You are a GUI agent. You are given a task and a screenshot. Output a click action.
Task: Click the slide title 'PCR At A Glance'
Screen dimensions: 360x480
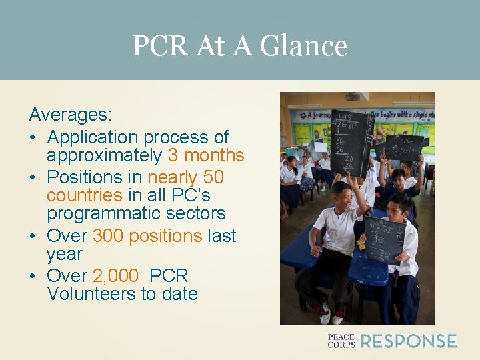[239, 46]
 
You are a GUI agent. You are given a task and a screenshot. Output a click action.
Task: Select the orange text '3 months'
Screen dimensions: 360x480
[206, 156]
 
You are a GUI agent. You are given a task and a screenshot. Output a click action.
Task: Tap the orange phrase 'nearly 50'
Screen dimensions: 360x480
[185, 178]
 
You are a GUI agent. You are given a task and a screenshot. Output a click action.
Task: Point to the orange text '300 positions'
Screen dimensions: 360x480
[147, 236]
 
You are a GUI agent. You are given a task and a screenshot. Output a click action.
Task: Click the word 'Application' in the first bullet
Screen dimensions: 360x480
[92, 137]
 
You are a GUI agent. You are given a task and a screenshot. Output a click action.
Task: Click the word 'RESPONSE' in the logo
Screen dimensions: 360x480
[408, 341]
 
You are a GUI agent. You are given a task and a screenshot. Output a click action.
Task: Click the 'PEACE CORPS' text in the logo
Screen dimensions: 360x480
[341, 341]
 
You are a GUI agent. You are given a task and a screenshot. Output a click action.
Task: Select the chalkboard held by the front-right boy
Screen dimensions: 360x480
[385, 239]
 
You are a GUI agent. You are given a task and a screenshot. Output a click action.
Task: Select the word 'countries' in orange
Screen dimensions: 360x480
[84, 196]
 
